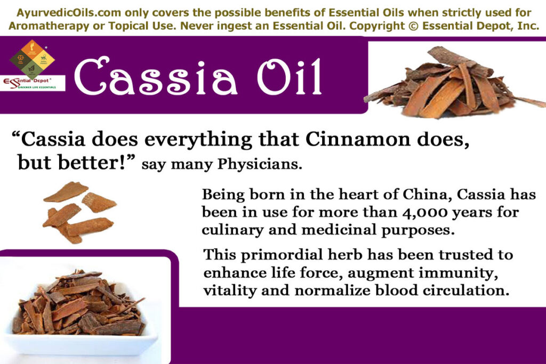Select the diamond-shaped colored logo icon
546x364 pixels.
(x=32, y=58)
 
